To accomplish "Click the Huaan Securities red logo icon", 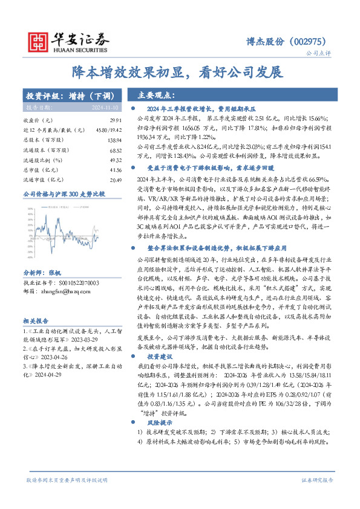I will (x=39, y=40).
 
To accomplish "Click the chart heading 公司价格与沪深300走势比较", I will (x=64, y=194).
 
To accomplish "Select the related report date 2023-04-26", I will (x=51, y=357).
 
